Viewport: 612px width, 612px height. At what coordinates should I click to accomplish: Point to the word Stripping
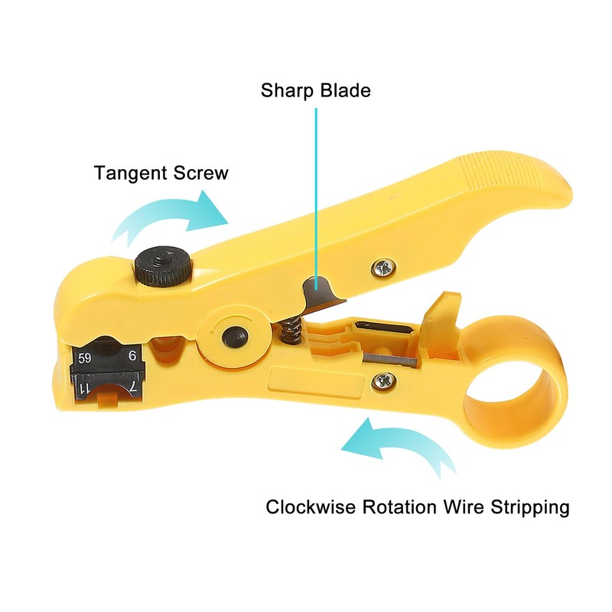click(530, 508)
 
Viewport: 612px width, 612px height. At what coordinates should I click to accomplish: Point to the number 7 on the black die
click(132, 389)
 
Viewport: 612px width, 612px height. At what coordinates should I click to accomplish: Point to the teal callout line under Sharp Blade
click(316, 191)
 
